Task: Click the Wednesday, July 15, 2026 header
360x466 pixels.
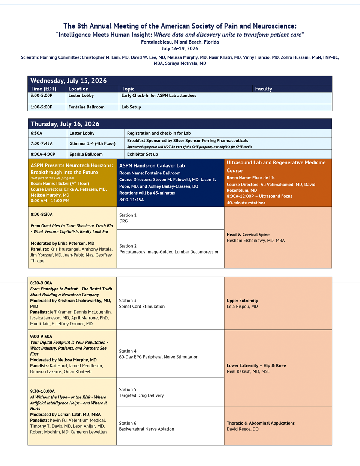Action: click(x=68, y=81)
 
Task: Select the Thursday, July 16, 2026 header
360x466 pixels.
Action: click(x=65, y=124)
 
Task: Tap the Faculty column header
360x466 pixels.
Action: click(x=263, y=89)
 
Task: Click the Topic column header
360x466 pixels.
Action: click(x=128, y=89)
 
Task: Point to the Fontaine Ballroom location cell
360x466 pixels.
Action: click(x=86, y=107)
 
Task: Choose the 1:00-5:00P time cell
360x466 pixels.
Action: click(x=41, y=107)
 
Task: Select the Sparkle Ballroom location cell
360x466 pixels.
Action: click(x=86, y=154)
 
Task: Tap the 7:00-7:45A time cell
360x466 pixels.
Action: click(x=42, y=143)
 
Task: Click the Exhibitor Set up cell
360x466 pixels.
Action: click(x=142, y=154)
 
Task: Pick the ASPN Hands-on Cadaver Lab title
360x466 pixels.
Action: click(x=152, y=165)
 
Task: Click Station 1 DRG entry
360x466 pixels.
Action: click(x=128, y=218)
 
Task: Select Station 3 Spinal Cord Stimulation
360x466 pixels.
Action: click(x=142, y=304)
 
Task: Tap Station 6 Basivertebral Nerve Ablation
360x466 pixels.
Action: click(x=146, y=426)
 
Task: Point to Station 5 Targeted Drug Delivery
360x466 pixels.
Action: click(x=141, y=392)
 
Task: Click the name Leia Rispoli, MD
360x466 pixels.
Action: click(x=242, y=307)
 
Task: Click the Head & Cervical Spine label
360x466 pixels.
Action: click(x=248, y=235)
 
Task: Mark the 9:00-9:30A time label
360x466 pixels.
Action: click(x=41, y=337)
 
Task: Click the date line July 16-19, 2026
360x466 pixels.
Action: click(x=180, y=48)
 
